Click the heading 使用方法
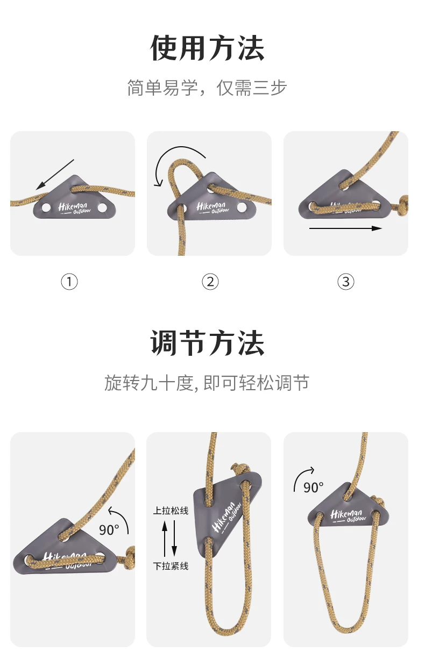[207, 48]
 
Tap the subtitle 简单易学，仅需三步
[207, 88]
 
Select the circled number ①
[69, 282]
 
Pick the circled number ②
[210, 282]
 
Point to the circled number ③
[346, 282]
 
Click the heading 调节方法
[207, 343]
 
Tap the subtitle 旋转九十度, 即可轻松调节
[207, 383]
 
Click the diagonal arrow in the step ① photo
[55, 175]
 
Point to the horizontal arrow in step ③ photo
[346, 228]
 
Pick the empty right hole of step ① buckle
[102, 207]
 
